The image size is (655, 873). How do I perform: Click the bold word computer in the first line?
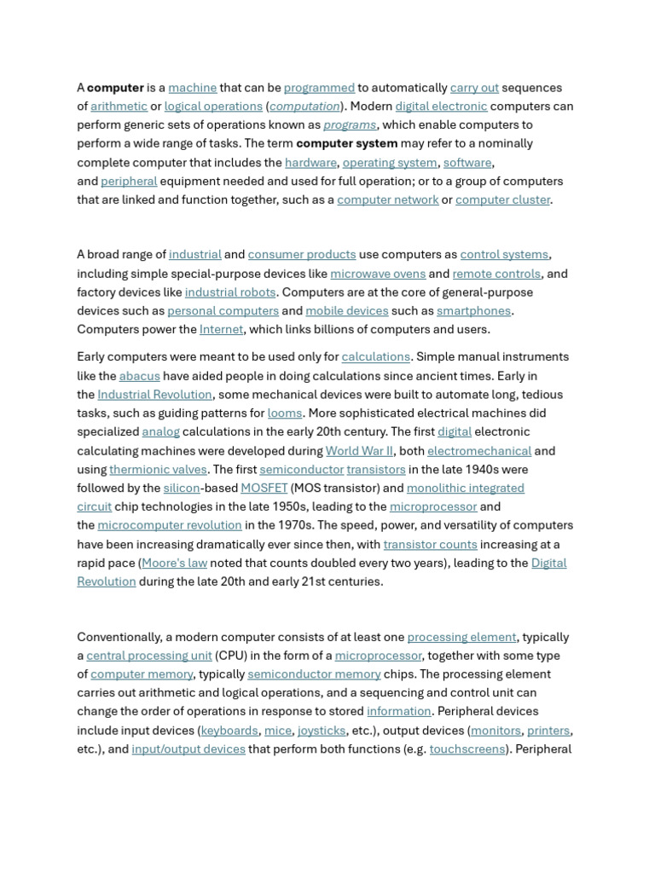pos(115,88)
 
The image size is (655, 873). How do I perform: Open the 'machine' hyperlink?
pos(192,88)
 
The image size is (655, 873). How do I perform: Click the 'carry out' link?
pos(474,88)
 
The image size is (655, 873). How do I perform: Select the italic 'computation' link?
pos(304,107)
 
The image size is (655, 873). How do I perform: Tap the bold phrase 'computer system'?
pos(346,143)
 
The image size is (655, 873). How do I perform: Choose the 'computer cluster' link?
pos(503,200)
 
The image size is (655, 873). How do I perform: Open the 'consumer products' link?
pos(302,255)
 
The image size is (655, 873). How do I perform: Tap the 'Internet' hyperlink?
pos(222,330)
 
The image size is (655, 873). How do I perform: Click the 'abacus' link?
pos(139,376)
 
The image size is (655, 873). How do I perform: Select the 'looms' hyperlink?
pos(285,413)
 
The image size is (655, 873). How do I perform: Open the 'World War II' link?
pos(359,451)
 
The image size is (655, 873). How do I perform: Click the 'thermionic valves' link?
pos(158,470)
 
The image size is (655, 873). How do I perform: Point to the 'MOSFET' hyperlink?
pos(264,489)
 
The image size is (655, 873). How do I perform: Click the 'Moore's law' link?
pos(174,564)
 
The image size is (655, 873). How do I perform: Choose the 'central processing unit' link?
pos(149,656)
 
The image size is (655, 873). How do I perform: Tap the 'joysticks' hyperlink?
pos(322,731)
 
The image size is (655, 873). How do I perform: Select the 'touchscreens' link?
pos(467,749)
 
